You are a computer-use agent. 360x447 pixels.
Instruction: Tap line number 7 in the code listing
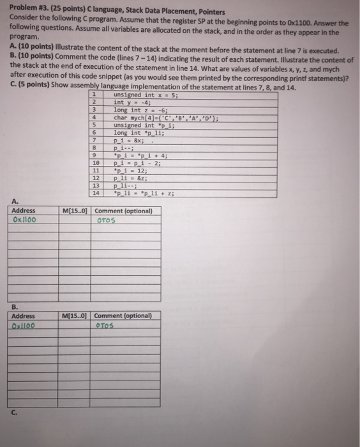click(x=94, y=140)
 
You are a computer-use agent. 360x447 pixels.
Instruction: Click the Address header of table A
click(x=23, y=211)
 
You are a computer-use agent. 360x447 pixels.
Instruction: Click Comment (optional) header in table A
click(x=123, y=211)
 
